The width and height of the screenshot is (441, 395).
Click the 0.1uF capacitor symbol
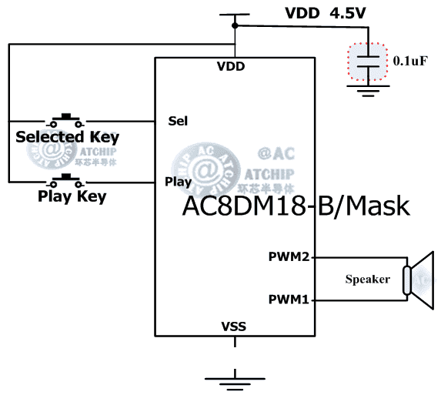click(371, 62)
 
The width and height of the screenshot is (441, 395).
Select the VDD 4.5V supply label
click(315, 13)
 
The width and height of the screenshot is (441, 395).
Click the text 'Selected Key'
click(68, 137)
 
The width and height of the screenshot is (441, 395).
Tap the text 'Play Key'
click(72, 196)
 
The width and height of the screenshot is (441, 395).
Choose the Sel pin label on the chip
click(178, 121)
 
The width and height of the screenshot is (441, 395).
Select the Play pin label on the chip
click(178, 182)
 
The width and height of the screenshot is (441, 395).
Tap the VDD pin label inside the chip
click(231, 66)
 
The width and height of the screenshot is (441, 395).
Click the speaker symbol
click(419, 278)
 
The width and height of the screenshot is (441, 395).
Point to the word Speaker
click(367, 279)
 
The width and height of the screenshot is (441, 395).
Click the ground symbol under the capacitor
click(370, 91)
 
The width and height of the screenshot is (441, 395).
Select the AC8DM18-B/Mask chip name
click(296, 206)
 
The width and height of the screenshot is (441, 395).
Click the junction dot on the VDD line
click(235, 26)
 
